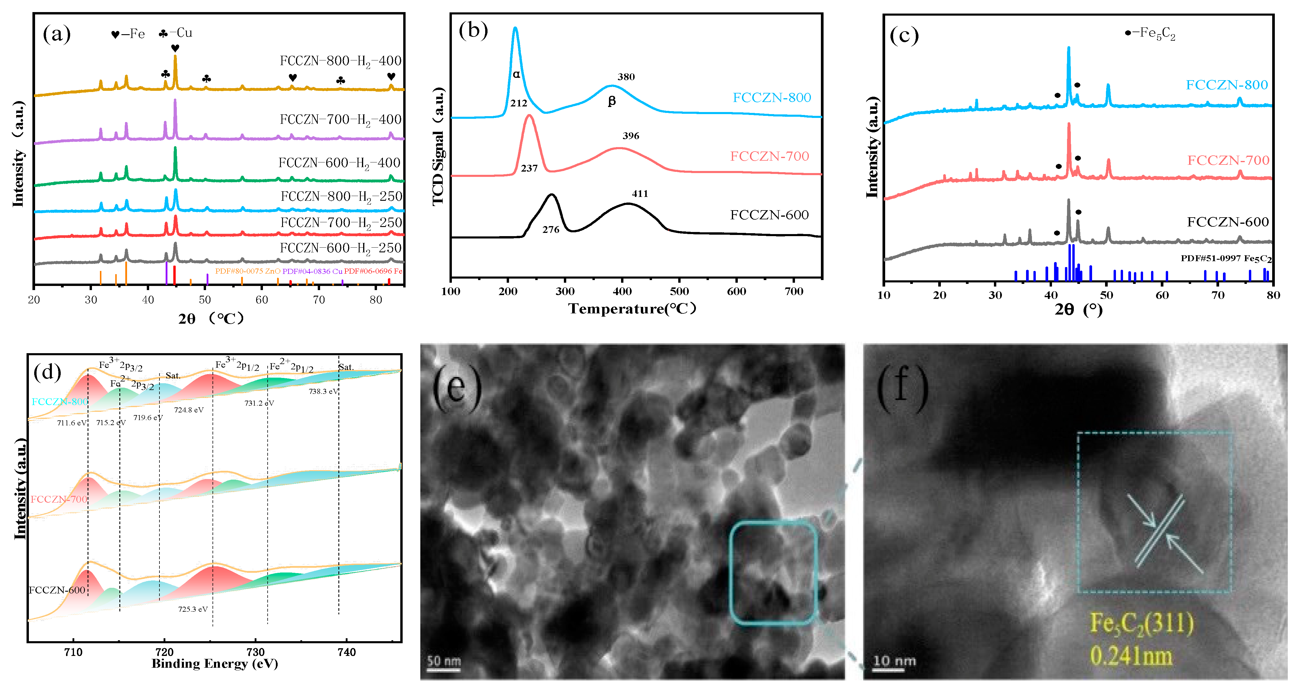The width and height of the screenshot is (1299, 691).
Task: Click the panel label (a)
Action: [x=57, y=34]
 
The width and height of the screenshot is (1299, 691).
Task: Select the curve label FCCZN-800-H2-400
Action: [x=340, y=61]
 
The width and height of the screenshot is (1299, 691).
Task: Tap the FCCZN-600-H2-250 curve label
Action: [x=340, y=248]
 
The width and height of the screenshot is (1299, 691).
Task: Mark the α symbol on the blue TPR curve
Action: [x=516, y=75]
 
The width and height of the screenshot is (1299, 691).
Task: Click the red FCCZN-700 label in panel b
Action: [x=770, y=156]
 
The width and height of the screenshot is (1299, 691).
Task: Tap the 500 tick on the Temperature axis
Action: [x=679, y=292]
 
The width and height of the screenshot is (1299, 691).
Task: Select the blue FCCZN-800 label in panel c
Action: [x=1226, y=85]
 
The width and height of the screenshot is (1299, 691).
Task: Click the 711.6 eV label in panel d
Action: [x=72, y=423]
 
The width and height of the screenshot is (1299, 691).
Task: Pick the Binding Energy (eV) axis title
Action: [x=215, y=664]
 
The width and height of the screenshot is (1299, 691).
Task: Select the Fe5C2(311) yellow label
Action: [x=1142, y=624]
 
